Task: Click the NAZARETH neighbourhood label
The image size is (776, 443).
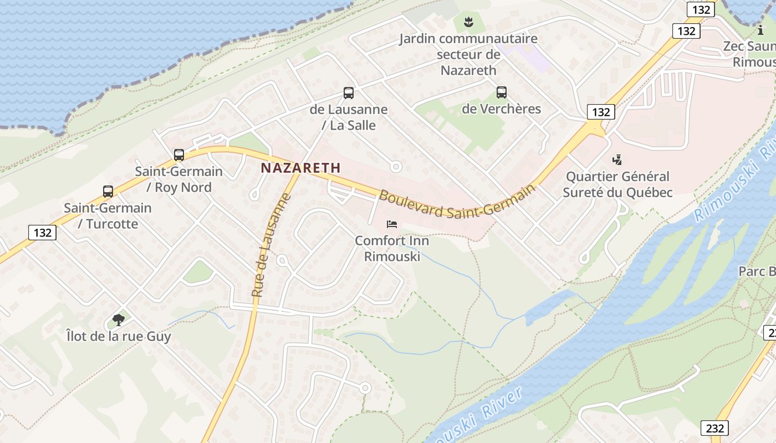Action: [301, 167]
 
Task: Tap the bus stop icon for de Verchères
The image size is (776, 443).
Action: [502, 92]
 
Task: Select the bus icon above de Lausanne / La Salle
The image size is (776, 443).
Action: [349, 93]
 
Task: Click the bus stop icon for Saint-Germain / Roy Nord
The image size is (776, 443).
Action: [178, 155]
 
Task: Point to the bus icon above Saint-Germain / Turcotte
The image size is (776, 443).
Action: [108, 192]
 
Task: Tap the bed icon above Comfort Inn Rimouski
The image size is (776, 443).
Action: [392, 224]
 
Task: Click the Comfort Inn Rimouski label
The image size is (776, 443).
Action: [392, 249]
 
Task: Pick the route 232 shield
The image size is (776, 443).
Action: [714, 428]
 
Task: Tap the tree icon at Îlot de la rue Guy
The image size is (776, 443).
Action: [118, 320]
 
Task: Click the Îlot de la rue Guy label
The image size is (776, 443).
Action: [118, 336]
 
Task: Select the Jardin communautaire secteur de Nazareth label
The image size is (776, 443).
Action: [469, 54]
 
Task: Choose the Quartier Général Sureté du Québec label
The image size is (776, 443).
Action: [617, 184]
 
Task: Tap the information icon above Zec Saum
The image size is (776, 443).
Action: [760, 30]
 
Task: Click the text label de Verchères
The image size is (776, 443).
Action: [501, 109]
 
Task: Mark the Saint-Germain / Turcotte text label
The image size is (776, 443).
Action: [108, 216]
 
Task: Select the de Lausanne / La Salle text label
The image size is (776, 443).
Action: [349, 117]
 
